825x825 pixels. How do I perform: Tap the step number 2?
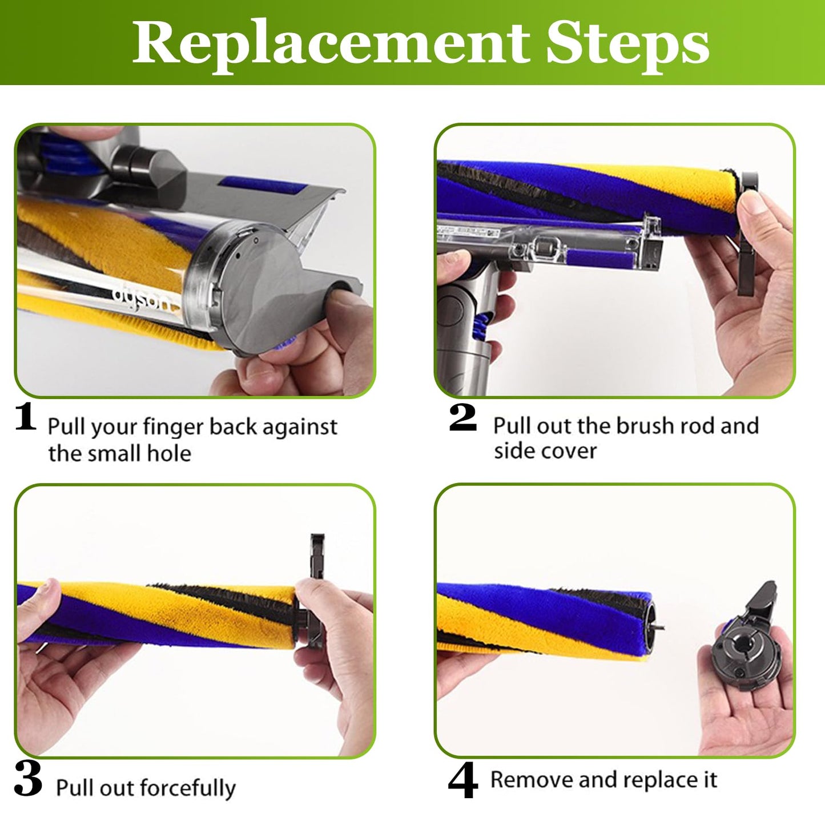coord(462,417)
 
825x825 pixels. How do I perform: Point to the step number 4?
coord(462,782)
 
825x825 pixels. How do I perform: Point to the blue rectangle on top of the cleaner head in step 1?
coord(263,184)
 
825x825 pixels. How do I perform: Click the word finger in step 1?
coord(173,427)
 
